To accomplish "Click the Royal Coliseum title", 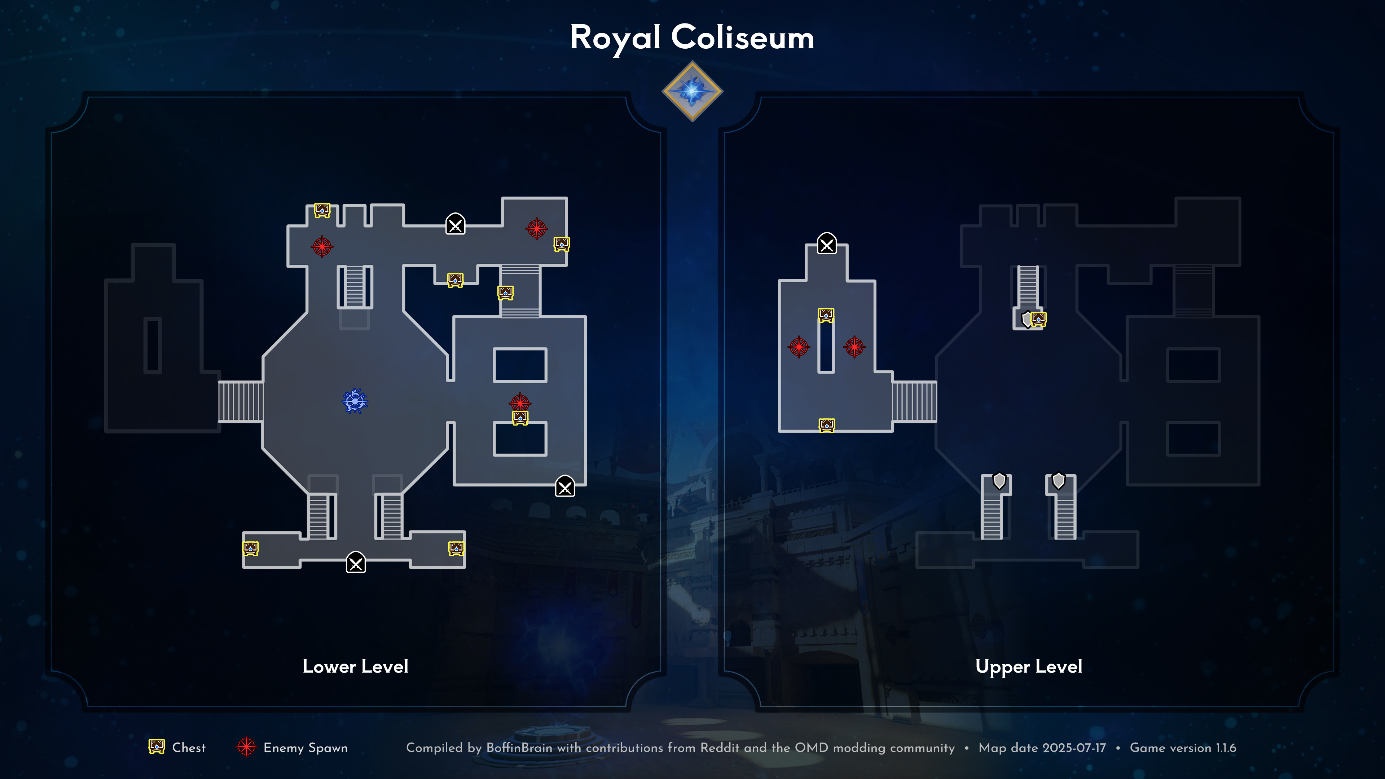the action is [692, 38].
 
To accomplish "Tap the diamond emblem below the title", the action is [692, 91].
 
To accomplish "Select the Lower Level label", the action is [355, 666].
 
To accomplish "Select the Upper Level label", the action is [1029, 666].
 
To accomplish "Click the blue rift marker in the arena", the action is [355, 401].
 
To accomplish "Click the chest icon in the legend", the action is [157, 747].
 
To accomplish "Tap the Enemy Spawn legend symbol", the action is [246, 747].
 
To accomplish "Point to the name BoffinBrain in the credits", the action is [519, 748].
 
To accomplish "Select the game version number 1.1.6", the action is [1226, 748].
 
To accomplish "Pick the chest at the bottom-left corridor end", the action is [251, 548].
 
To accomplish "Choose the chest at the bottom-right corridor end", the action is [456, 548].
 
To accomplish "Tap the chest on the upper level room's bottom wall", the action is [826, 425].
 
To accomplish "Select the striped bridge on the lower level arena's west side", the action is [241, 401].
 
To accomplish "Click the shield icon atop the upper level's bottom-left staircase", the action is [999, 481].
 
